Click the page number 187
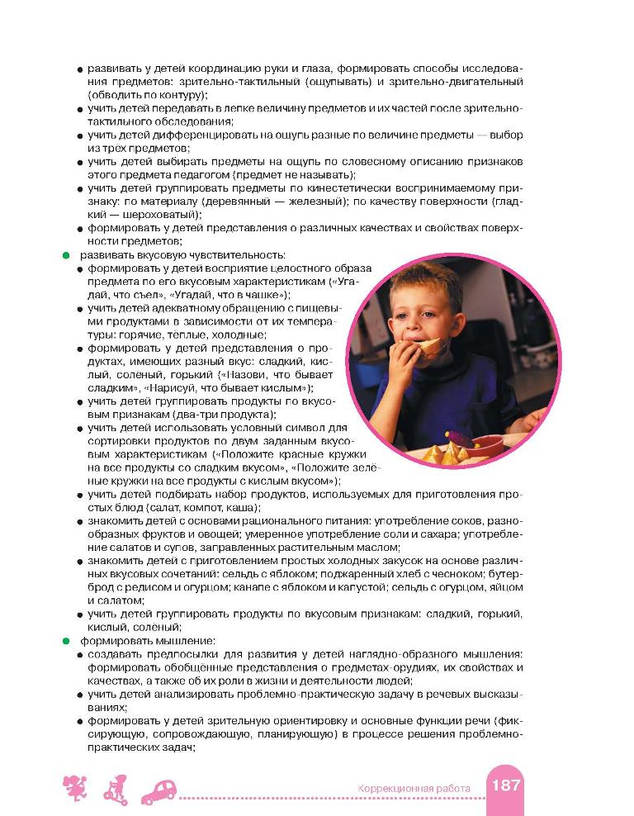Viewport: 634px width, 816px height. tap(505, 785)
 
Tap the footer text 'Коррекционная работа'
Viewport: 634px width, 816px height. tap(414, 789)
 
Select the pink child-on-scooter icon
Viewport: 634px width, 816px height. tap(115, 790)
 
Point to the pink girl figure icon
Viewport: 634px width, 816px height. tap(74, 790)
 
